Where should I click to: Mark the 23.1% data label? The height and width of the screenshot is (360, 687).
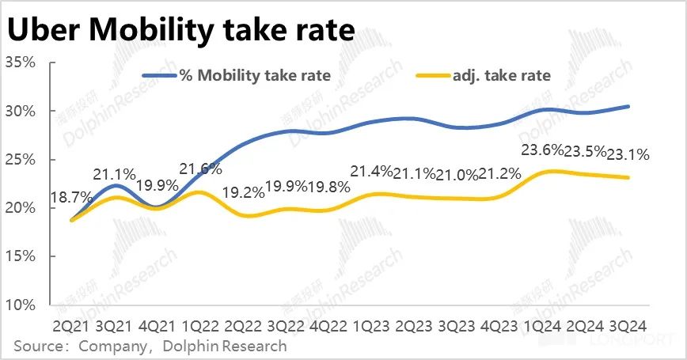coord(629,155)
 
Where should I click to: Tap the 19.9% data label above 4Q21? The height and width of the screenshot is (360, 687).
coord(158,187)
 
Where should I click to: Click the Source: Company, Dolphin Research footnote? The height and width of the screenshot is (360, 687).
coord(150,347)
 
